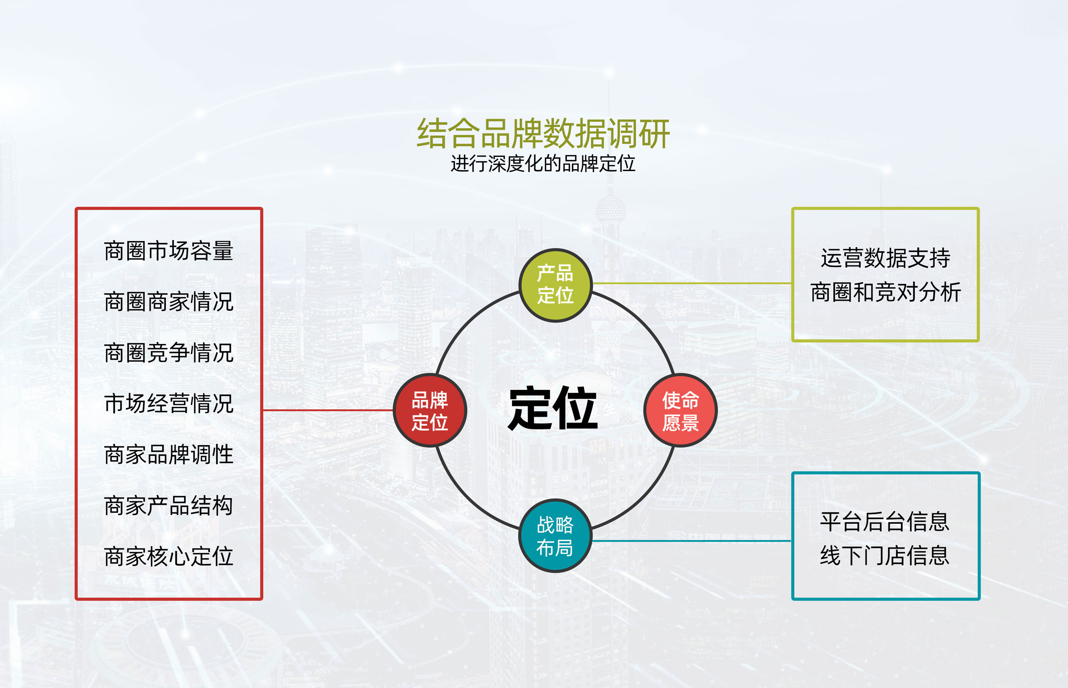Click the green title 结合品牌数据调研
point(543,133)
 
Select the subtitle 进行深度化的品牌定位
point(543,163)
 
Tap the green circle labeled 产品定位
point(555,285)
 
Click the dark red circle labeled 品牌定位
point(430,410)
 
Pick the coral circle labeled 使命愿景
point(680,410)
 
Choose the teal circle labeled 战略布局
point(555,536)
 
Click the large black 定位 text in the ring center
point(553,408)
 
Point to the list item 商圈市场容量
point(169,250)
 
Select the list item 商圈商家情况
point(169,302)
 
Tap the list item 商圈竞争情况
point(169,353)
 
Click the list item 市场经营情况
point(169,403)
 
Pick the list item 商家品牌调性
point(169,454)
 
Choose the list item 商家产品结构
point(169,506)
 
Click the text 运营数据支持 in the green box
point(885,258)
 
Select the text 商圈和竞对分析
point(885,292)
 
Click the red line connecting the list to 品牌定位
point(328,410)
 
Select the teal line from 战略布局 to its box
point(692,541)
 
